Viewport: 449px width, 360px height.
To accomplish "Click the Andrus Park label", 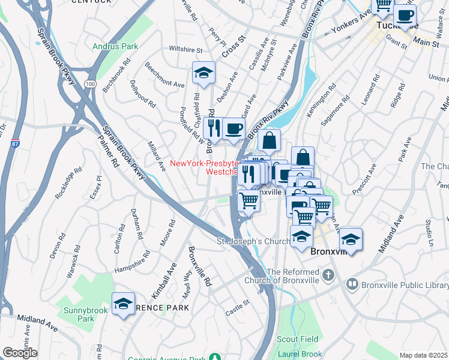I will tap(115, 46).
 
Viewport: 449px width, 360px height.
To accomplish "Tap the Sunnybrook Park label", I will tap(86, 314).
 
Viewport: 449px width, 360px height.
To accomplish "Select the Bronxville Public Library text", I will tap(396, 284).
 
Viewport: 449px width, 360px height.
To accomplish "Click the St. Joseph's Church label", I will tap(252, 241).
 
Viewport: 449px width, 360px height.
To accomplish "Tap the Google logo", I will tap(20, 353).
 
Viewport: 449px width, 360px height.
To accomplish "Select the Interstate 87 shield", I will tap(15, 143).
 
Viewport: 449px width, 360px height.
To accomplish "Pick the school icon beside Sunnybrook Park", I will tap(123, 304).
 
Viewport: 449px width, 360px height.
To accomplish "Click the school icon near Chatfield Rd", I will tap(203, 73).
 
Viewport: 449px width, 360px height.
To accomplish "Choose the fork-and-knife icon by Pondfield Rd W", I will tap(213, 128).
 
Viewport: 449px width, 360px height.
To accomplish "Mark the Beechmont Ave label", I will tap(164, 76).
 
